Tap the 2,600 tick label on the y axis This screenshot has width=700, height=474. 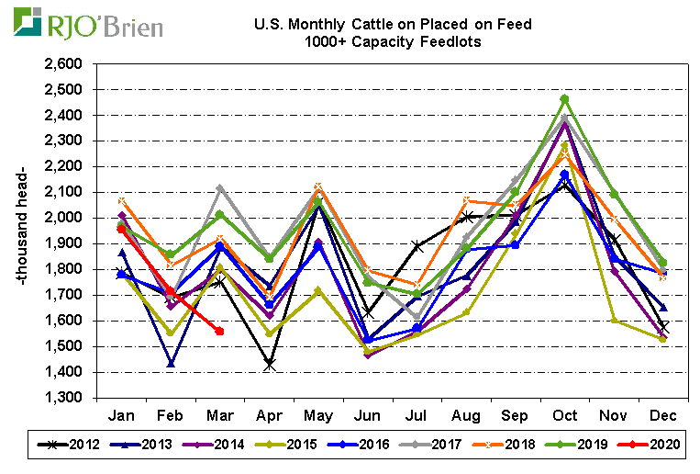62,64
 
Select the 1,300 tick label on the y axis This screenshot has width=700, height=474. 62,398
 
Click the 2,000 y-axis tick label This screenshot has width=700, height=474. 62,218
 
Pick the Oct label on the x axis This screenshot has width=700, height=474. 564,415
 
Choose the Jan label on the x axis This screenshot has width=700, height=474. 123,415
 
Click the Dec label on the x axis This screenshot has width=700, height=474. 662,415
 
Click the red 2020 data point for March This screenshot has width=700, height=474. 219,331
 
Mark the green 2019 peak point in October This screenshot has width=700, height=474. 564,99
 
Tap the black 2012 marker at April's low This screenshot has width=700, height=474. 269,365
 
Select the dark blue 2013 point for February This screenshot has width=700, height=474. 171,364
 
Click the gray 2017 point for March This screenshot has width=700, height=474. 219,189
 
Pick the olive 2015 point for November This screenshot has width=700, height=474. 614,320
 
